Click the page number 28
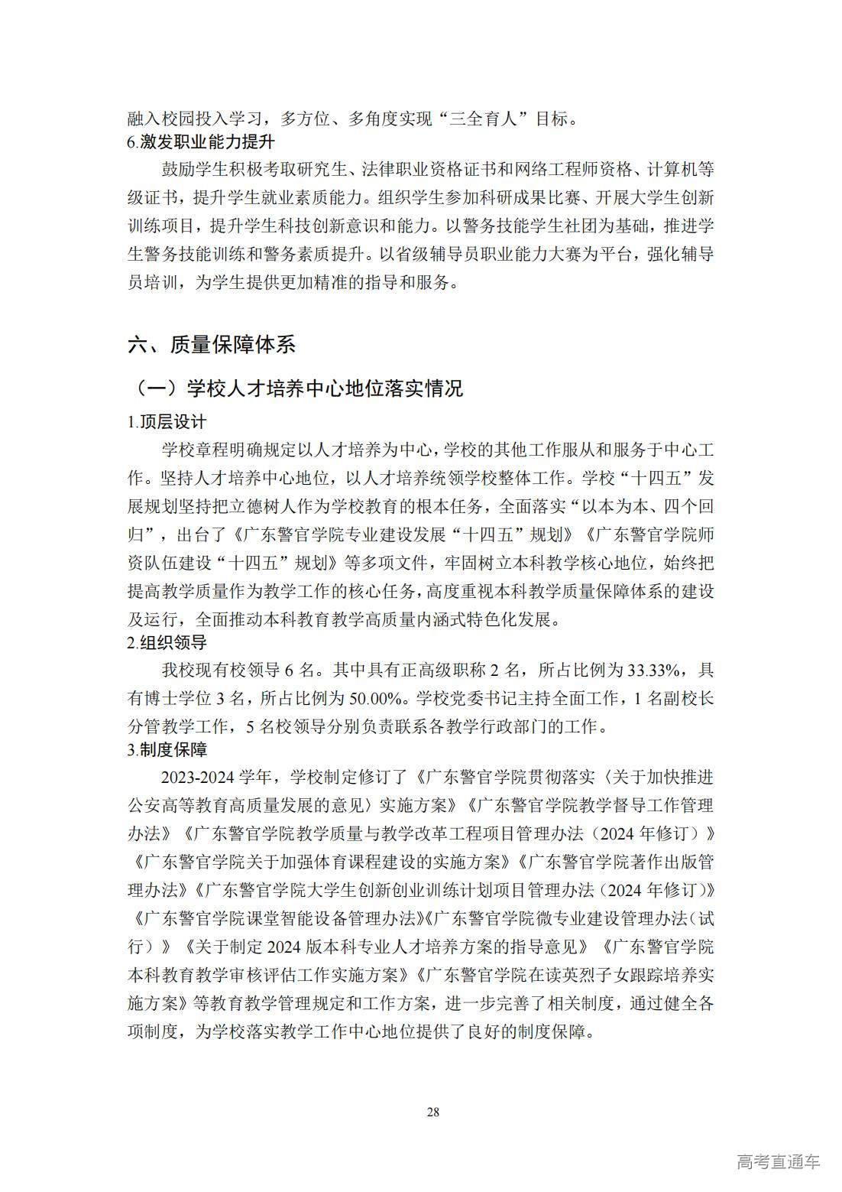click(433, 1112)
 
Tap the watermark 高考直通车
click(779, 1162)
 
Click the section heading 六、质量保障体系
click(211, 345)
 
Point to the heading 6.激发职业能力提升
click(201, 142)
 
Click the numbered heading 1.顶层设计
click(167, 422)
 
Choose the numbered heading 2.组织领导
click(167, 642)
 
